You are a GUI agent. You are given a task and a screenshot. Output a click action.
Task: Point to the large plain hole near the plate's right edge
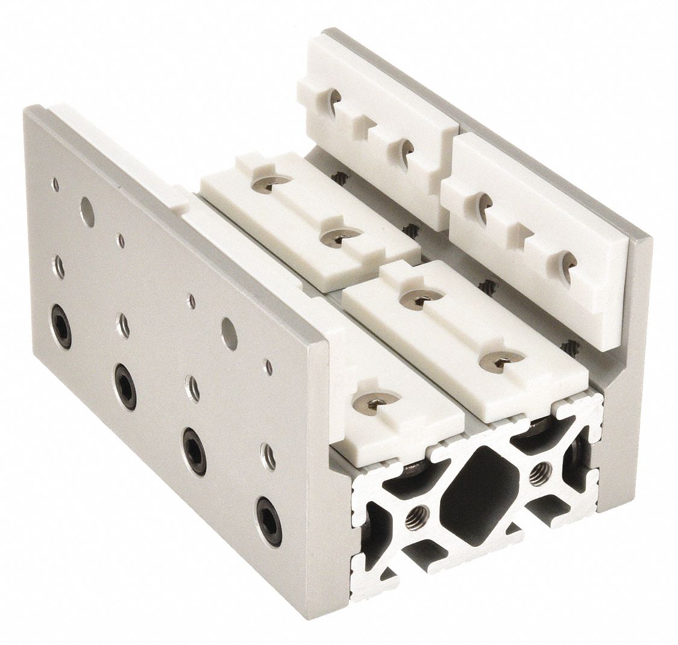(228, 328)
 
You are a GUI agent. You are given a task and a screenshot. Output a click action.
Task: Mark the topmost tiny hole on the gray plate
(55, 181)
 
